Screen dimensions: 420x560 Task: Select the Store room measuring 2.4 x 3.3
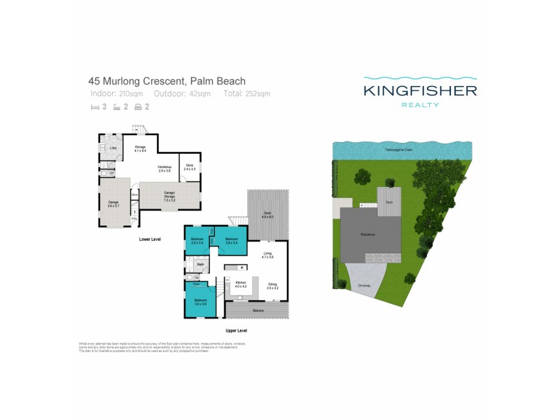(x=190, y=167)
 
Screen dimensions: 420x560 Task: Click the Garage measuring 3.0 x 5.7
(x=113, y=204)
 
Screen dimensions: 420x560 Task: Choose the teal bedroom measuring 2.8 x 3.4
(x=197, y=241)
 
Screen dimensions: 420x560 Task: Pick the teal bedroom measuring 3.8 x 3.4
(x=232, y=241)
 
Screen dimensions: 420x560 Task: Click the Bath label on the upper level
(x=200, y=265)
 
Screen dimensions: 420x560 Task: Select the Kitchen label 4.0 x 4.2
(x=241, y=285)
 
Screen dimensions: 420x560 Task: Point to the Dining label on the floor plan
(x=272, y=285)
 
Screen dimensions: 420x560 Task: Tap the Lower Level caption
(x=150, y=239)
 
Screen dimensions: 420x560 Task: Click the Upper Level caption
(x=236, y=330)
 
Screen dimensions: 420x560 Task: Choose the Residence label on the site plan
(x=368, y=234)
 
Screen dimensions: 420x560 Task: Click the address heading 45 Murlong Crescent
(x=166, y=80)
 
